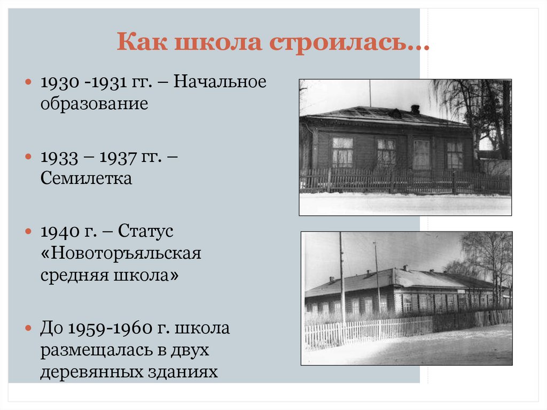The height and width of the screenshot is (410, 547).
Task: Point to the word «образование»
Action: [x=94, y=103]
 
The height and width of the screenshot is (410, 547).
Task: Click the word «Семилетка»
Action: [x=86, y=177]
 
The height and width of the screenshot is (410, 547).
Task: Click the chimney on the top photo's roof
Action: [x=415, y=109]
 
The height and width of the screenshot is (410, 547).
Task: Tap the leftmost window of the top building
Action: [x=342, y=152]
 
